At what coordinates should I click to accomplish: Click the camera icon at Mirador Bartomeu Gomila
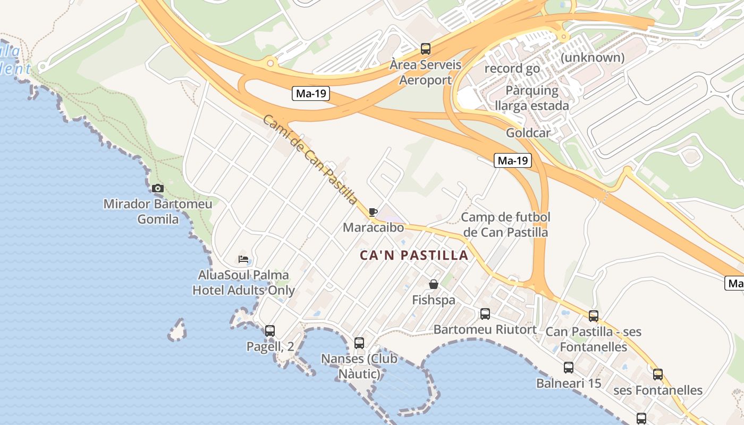[158, 188]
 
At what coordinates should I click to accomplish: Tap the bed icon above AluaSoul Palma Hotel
[243, 259]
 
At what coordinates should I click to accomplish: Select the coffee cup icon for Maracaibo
[373, 212]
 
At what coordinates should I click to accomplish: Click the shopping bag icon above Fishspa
[434, 284]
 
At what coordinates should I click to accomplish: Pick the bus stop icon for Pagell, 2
[270, 330]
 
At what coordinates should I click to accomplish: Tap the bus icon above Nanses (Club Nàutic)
[359, 343]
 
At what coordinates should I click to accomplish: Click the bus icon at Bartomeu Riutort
[485, 314]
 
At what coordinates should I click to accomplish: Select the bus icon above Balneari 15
[569, 367]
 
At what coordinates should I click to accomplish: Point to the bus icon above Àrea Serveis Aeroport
[426, 49]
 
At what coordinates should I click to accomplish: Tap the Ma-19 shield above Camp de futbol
[513, 160]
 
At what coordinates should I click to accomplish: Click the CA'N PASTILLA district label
[414, 256]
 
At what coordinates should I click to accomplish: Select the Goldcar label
[528, 133]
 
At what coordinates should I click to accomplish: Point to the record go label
[512, 69]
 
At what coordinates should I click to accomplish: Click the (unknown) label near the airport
[593, 57]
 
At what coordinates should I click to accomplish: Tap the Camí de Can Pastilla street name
[310, 159]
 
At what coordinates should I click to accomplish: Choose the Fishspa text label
[434, 300]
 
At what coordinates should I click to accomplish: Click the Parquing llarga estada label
[532, 98]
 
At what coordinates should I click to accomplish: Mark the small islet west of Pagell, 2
[177, 330]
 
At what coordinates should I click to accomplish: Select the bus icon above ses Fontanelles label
[658, 375]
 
